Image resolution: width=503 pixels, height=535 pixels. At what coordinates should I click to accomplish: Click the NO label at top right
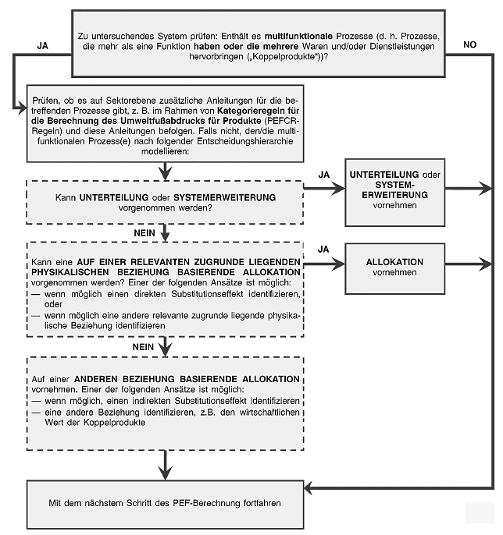tap(469, 45)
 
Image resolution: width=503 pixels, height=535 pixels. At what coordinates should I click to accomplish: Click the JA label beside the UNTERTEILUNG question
tap(324, 173)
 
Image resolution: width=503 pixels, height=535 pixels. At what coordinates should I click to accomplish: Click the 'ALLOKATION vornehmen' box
tap(394, 267)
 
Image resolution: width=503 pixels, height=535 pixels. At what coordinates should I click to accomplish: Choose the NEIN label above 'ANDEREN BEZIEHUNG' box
tap(143, 346)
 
